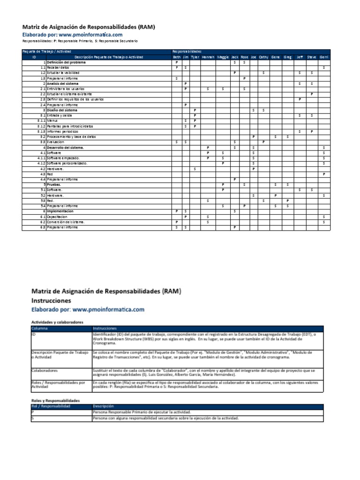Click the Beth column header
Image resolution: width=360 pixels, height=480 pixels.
pyautogui.click(x=176, y=57)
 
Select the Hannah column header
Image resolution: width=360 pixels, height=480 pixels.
pyautogui.click(x=208, y=57)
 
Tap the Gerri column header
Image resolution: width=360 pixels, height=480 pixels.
pyautogui.click(x=324, y=57)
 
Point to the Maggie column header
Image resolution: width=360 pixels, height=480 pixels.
pyautogui.click(x=223, y=57)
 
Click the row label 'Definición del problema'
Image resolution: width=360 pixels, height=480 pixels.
pyautogui.click(x=66, y=62)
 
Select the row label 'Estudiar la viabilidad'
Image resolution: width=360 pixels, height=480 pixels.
pyautogui.click(x=63, y=73)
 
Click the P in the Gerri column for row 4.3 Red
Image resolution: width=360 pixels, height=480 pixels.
pyautogui.click(x=324, y=174)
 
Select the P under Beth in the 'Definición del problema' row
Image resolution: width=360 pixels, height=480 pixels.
pyautogui.click(x=176, y=62)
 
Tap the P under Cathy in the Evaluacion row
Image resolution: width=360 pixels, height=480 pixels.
pyautogui.click(x=263, y=142)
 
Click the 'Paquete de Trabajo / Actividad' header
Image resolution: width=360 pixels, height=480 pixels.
pyautogui.click(x=45, y=51)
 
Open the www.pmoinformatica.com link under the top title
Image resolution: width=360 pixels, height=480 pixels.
pyautogui.click(x=90, y=35)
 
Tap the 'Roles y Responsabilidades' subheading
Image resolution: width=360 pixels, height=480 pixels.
pyautogui.click(x=55, y=401)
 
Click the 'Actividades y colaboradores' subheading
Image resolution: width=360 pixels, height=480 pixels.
pyautogui.click(x=57, y=322)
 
